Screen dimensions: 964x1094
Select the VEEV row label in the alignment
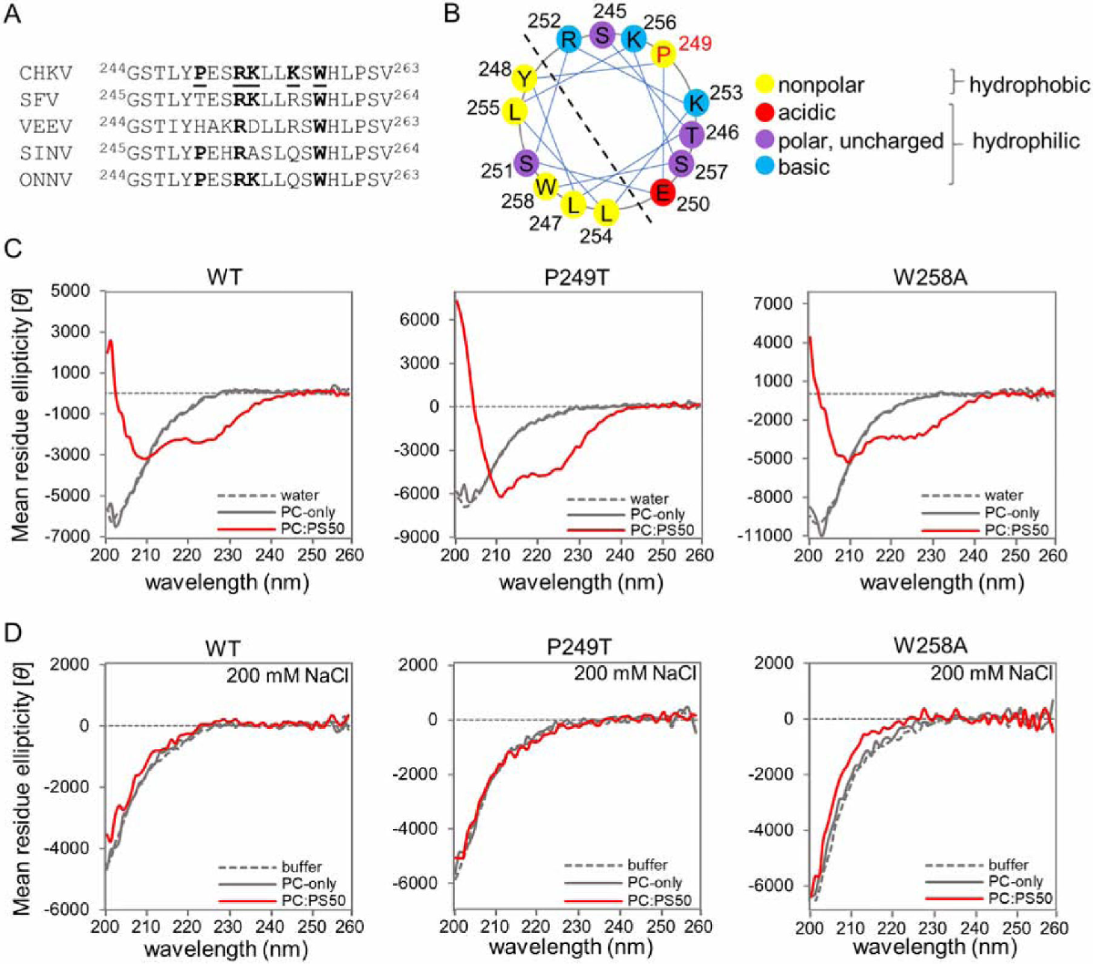[46, 126]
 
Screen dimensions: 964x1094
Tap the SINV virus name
[46, 153]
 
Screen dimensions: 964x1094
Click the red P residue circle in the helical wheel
[664, 54]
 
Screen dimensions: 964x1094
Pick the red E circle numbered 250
[663, 192]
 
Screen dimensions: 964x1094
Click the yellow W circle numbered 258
[546, 187]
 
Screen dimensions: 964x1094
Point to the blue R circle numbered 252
[568, 39]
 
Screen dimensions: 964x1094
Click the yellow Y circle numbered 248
[523, 78]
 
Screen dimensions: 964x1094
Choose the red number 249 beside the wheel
[695, 43]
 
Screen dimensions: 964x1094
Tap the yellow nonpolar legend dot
[764, 86]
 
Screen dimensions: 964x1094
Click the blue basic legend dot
[764, 167]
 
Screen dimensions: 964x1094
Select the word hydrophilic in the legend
[1026, 140]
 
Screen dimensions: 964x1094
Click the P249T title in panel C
[576, 276]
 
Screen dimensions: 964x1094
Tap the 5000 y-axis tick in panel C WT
[70, 291]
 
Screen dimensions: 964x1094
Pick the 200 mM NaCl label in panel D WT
[288, 675]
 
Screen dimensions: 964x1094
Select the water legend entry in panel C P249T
[649, 499]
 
